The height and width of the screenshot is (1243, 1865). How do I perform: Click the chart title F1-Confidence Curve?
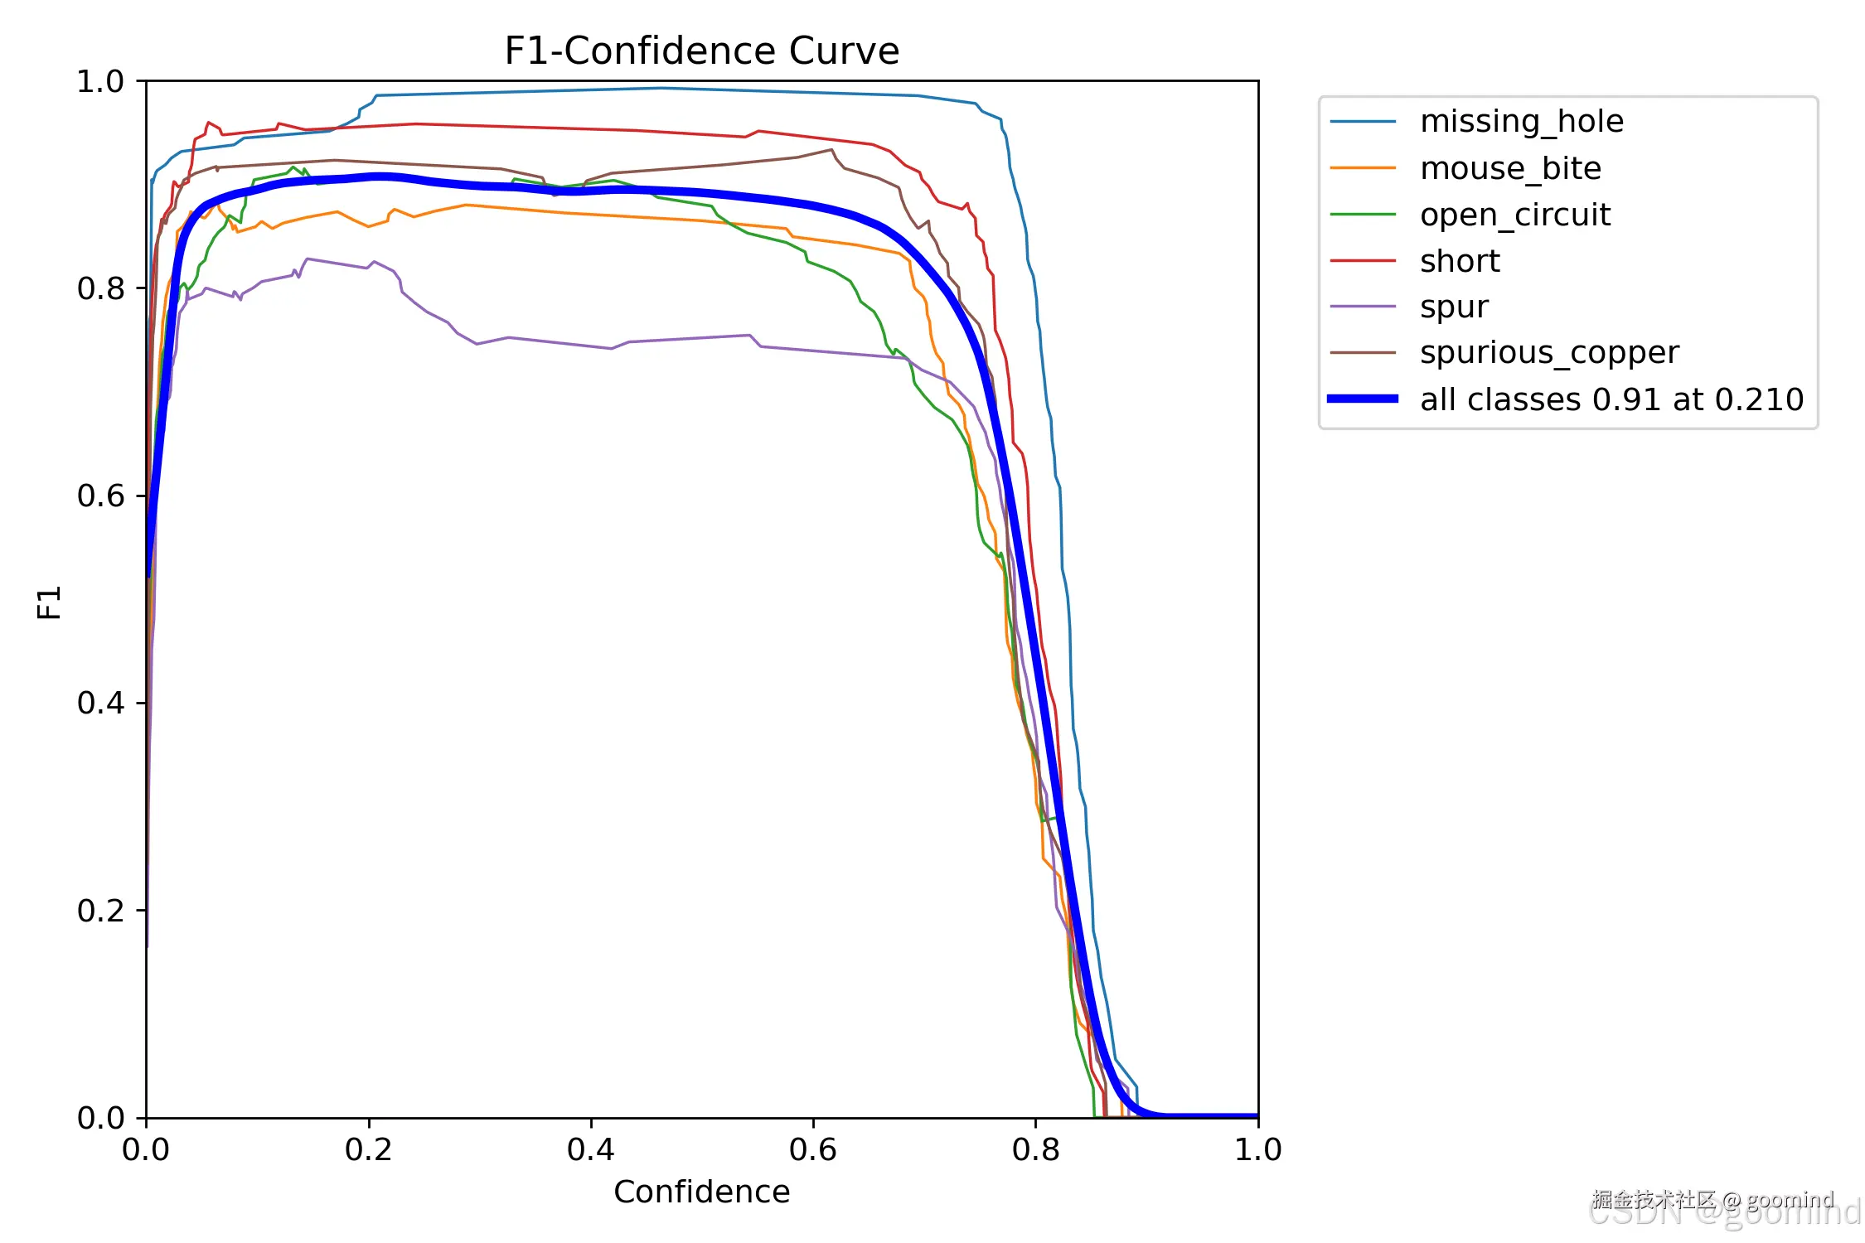(701, 51)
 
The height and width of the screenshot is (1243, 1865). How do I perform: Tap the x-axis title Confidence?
(701, 1192)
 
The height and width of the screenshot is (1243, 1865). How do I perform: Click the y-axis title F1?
(50, 602)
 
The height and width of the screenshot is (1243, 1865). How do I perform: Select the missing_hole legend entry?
(1521, 122)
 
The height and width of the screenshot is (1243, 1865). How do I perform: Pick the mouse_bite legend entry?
(1510, 168)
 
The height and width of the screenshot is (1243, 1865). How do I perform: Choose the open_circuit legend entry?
(1514, 215)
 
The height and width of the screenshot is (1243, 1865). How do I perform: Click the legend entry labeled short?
(1460, 261)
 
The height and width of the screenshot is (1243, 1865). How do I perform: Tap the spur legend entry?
(1454, 307)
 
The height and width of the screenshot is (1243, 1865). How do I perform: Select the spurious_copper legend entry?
(1548, 353)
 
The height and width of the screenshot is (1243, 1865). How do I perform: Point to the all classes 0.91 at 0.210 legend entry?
(1611, 399)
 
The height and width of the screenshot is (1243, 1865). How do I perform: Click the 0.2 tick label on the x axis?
(368, 1149)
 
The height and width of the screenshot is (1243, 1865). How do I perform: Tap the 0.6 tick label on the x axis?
(812, 1149)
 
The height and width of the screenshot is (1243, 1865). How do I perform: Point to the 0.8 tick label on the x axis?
(1035, 1149)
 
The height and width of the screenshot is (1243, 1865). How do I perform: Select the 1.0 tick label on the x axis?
(1257, 1149)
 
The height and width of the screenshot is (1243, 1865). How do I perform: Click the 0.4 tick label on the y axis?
(100, 703)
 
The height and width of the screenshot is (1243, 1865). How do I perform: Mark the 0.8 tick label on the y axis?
(100, 288)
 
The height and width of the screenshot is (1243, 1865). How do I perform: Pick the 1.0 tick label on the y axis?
(100, 81)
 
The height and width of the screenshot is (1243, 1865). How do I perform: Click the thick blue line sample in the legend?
(1363, 399)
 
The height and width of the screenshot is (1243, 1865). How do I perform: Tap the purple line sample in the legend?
(1363, 307)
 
